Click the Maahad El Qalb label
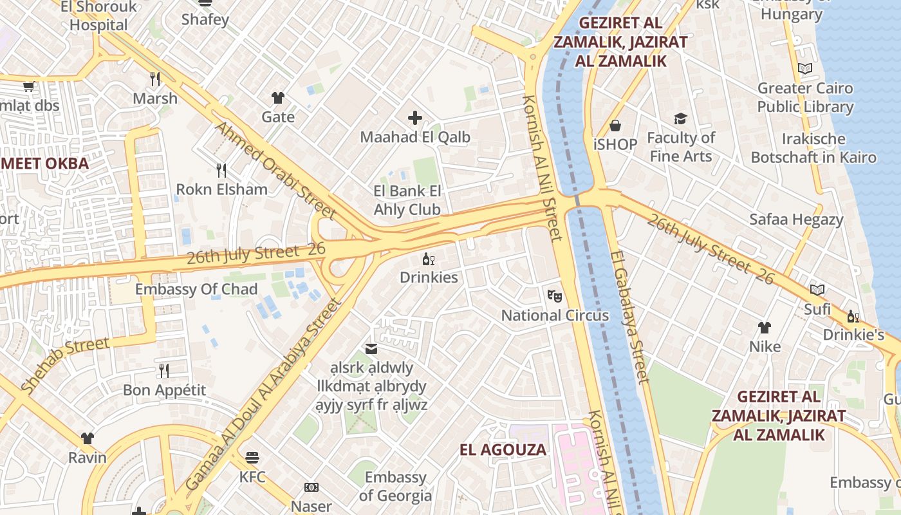414,137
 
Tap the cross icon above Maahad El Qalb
415,118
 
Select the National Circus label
555,315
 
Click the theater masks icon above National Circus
554,295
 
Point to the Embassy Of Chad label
196,289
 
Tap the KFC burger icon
252,458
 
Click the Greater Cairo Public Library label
805,97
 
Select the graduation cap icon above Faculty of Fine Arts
680,118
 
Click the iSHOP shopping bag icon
615,125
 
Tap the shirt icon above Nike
765,327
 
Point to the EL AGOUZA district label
503,449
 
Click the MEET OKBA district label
44,164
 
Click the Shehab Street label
65,364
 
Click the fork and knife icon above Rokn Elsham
221,170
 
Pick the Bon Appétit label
165,390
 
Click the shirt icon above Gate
278,98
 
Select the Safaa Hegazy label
796,219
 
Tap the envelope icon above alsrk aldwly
371,348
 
